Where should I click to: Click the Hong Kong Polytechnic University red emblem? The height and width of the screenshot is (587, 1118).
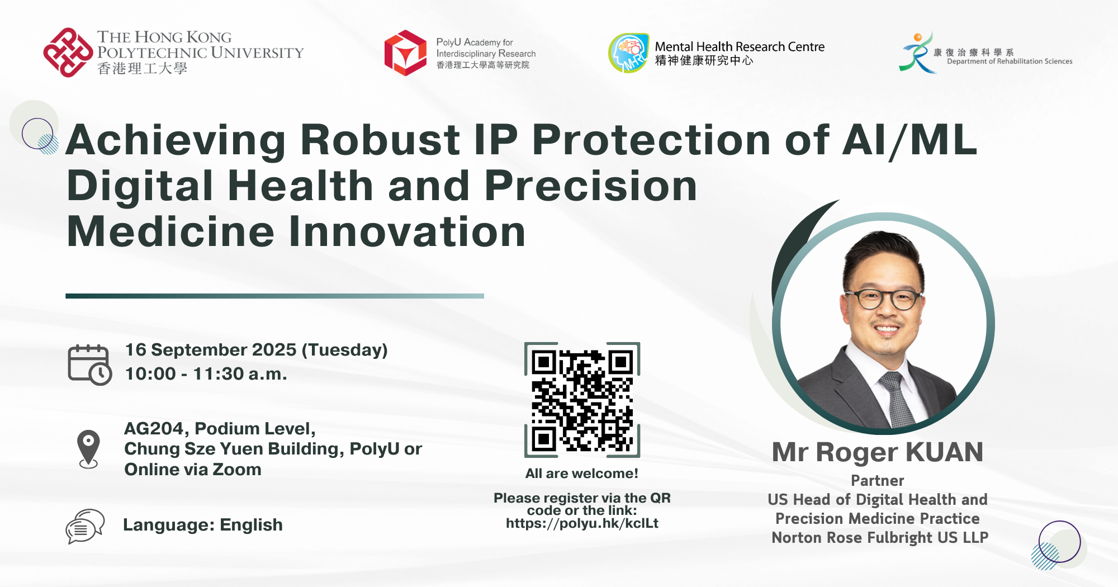tap(68, 53)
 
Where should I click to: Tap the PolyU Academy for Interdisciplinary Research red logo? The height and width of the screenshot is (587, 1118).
tap(406, 53)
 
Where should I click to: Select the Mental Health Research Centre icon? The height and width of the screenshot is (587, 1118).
tap(629, 53)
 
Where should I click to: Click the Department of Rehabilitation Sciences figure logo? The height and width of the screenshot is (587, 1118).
tap(917, 53)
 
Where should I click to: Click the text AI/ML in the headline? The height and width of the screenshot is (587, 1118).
tap(909, 140)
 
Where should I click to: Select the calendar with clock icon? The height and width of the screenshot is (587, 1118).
tap(89, 364)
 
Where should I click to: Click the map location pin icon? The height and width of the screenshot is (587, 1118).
tap(88, 449)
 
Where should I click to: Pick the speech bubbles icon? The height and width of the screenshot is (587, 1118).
tap(85, 526)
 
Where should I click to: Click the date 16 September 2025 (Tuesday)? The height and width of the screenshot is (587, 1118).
tap(256, 350)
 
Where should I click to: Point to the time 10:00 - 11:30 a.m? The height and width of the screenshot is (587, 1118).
tap(206, 373)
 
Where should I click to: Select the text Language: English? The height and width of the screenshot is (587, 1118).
tap(203, 525)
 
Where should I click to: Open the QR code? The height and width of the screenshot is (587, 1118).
tap(582, 400)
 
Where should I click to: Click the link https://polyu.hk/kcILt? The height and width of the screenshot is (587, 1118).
tap(582, 523)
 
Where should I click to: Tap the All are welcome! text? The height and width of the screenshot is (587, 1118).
tap(582, 474)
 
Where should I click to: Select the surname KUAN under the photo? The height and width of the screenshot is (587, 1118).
tap(944, 452)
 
